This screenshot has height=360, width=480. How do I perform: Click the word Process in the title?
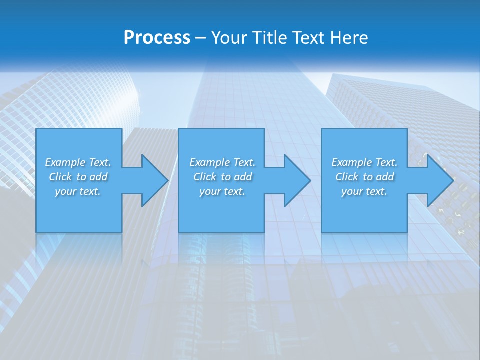[157, 38]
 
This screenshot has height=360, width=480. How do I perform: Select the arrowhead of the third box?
[439, 180]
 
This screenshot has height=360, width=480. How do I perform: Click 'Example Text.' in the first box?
[78, 162]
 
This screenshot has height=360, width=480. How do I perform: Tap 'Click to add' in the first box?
[78, 177]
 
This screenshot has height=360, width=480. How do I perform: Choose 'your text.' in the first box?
[78, 191]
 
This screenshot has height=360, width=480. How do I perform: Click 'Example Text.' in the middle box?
[222, 162]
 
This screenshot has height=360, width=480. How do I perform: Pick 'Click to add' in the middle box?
[222, 177]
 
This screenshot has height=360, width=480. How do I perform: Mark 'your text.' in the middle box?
[222, 191]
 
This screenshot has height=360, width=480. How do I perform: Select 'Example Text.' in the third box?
[364, 162]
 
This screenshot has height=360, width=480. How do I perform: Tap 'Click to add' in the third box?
[364, 177]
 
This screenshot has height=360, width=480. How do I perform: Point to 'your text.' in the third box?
[364, 191]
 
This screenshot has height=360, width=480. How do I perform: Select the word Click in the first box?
[61, 177]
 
